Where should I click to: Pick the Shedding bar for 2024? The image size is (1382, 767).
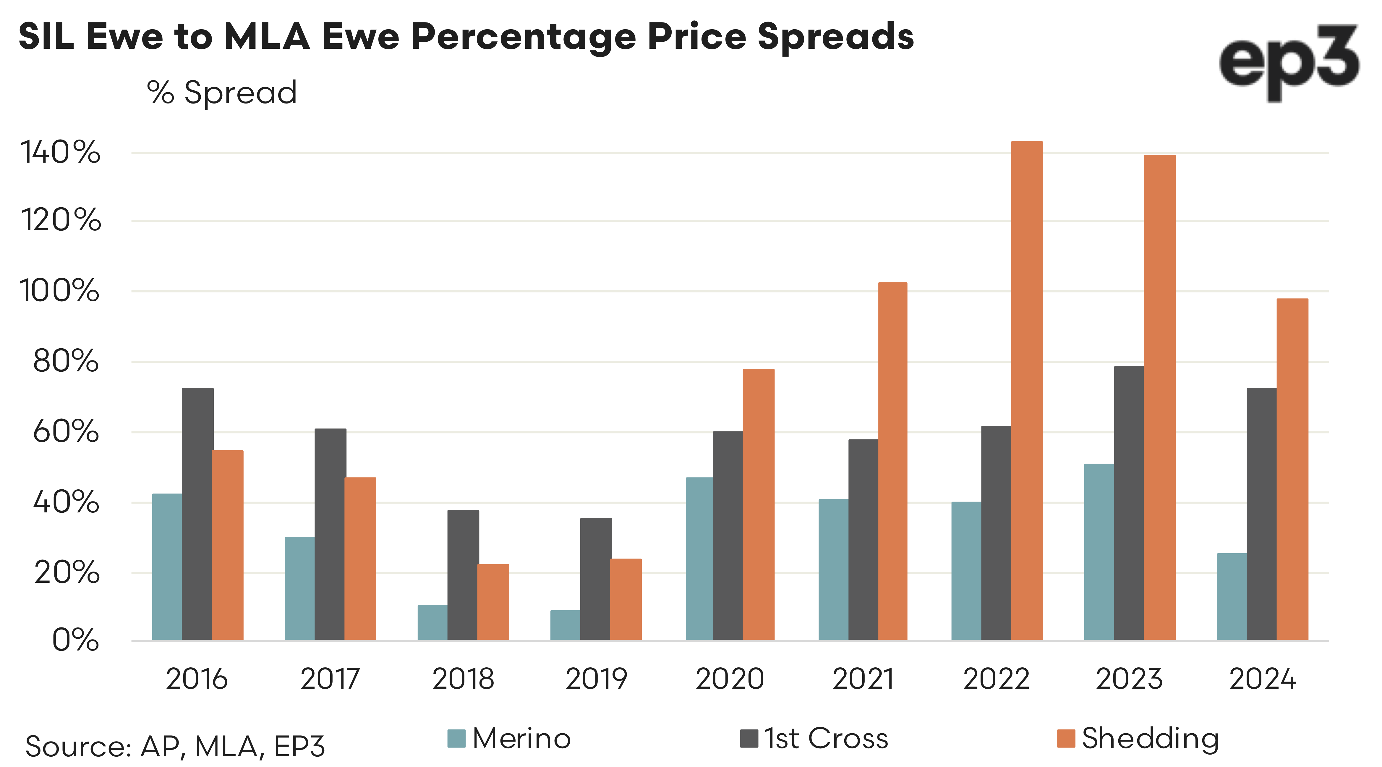click(1292, 469)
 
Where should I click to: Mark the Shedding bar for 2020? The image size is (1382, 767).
click(758, 504)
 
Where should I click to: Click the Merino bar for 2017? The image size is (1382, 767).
click(299, 588)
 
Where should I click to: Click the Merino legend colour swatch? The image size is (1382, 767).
click(456, 739)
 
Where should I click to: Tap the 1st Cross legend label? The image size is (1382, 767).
click(826, 739)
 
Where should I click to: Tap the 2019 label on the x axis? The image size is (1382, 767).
click(596, 679)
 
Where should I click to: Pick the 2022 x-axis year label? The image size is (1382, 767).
click(996, 679)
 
